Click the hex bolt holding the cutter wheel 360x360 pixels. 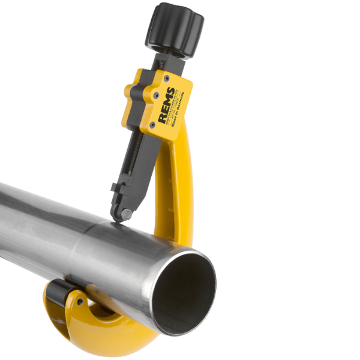tap(127, 214)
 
